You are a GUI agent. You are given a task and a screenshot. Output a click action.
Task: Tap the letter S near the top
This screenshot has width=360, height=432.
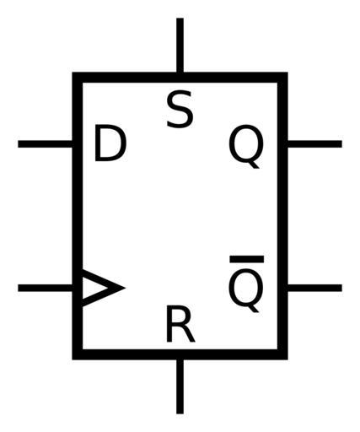(x=180, y=109)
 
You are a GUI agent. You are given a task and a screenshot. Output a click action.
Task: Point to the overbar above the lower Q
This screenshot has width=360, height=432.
(x=247, y=259)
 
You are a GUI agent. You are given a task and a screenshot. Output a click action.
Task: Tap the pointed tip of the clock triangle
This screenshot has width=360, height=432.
(x=125, y=288)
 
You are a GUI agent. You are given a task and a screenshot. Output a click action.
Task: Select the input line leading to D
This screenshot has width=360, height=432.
(x=46, y=143)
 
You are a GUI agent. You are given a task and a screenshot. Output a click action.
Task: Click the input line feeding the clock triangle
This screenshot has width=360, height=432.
(x=46, y=288)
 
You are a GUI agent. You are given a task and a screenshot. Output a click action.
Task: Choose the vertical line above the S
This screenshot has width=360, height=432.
(x=180, y=46)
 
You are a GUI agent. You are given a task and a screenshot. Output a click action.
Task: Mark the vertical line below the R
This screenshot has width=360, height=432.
(x=180, y=386)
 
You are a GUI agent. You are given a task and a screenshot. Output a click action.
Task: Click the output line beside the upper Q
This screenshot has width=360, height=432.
(x=314, y=143)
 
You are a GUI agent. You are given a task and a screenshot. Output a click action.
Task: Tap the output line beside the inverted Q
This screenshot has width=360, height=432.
(x=314, y=288)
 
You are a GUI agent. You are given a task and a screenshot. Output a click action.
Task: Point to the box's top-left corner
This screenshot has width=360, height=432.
(x=73, y=73)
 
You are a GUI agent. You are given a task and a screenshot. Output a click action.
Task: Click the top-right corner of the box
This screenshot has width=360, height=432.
(x=287, y=73)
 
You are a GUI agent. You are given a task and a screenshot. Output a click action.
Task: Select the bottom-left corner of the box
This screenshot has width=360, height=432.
(x=73, y=359)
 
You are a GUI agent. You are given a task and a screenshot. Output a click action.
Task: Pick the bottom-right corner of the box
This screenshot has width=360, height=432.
(x=287, y=359)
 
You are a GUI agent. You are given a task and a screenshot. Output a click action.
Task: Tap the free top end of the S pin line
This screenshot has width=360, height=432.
(x=180, y=19)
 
